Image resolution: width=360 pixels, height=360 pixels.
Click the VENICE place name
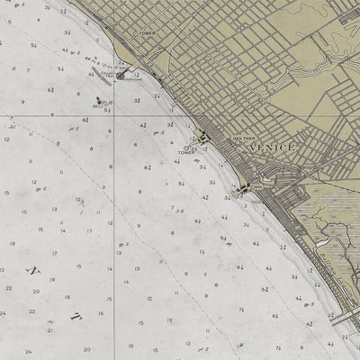pyautogui.click(x=274, y=146)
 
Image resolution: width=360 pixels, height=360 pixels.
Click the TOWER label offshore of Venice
pyautogui.click(x=186, y=153)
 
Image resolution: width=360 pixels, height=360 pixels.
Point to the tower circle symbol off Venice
pyautogui.click(x=187, y=147)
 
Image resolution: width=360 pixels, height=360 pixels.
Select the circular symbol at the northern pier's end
pyautogui.click(x=120, y=76)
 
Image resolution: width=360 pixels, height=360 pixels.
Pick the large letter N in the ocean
pyautogui.click(x=36, y=270)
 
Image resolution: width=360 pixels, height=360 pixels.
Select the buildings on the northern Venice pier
pyautogui.click(x=205, y=137)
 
